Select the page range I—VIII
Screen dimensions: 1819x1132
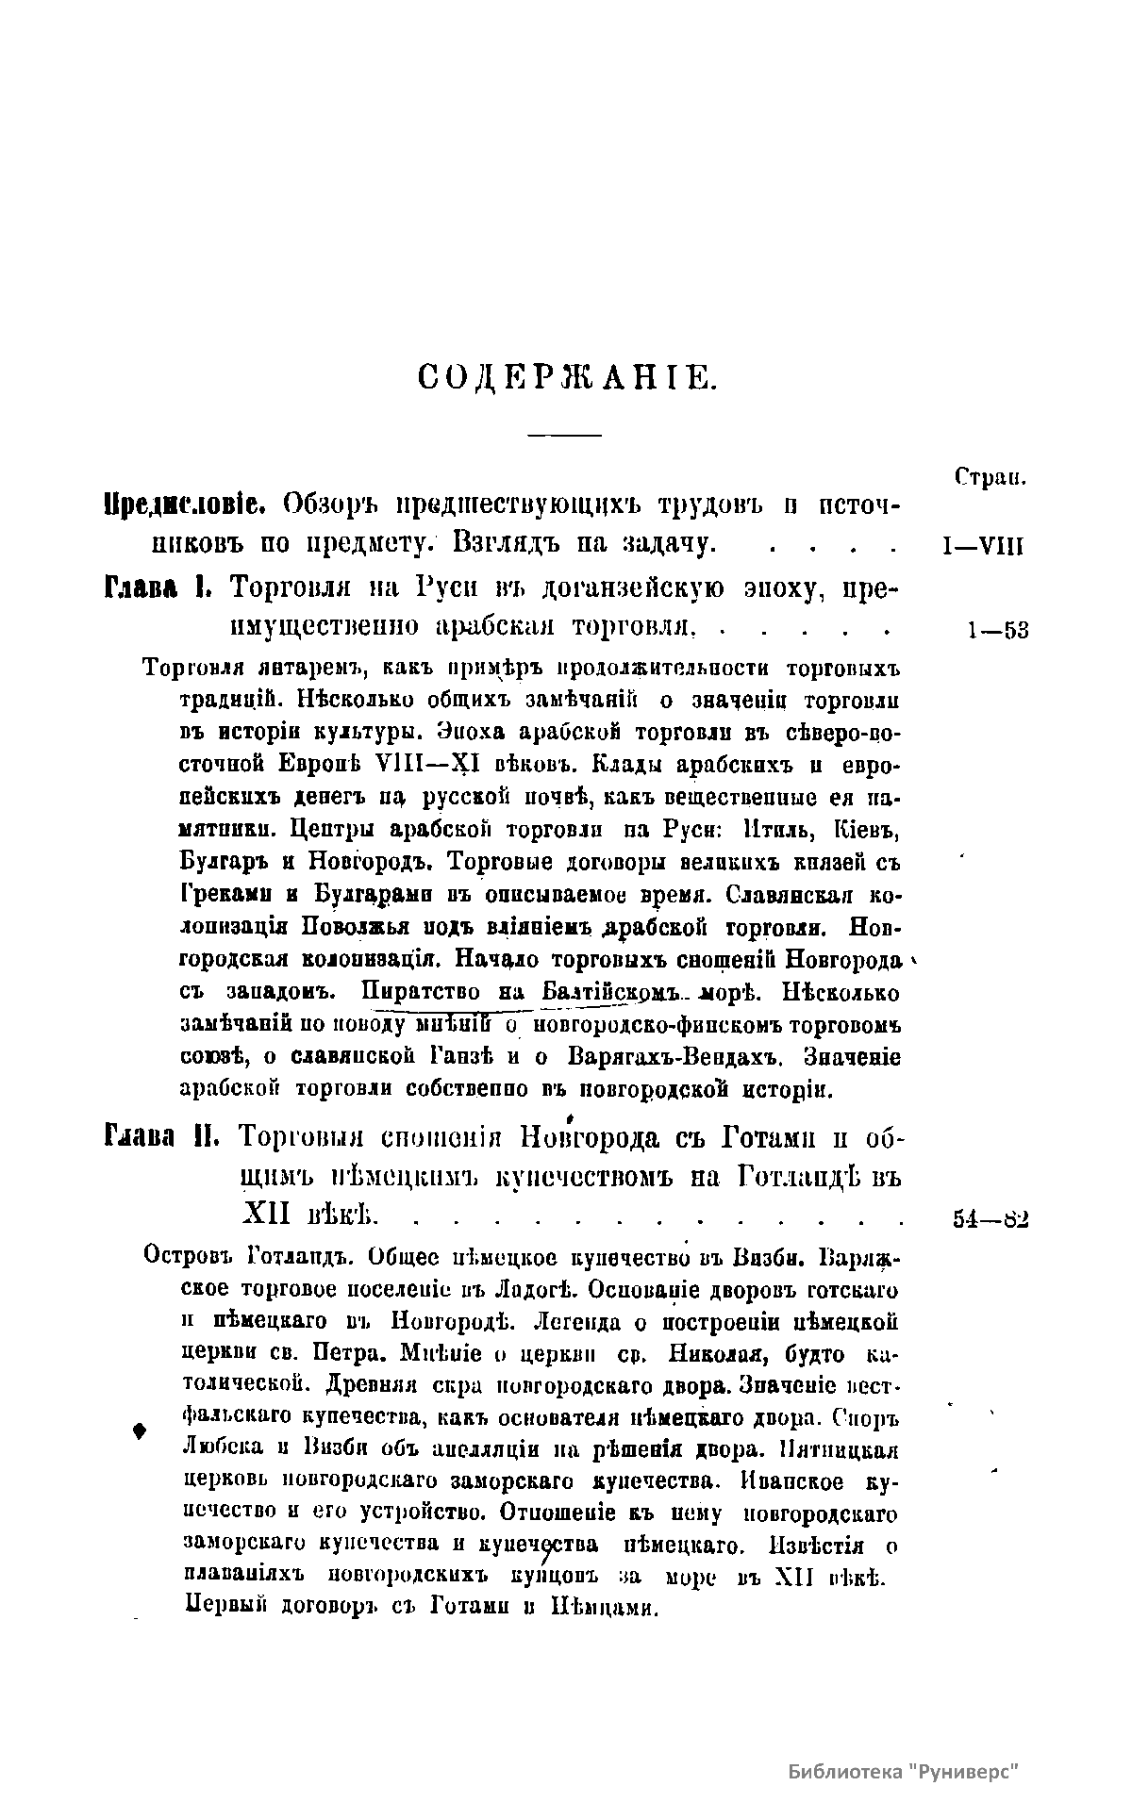pyautogui.click(x=983, y=548)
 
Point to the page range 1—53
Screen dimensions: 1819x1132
pyautogui.click(x=996, y=630)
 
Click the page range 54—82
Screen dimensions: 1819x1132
pyautogui.click(x=990, y=1218)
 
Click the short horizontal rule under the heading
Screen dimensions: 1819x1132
pyautogui.click(x=564, y=435)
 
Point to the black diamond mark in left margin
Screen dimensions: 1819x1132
pyautogui.click(x=140, y=1430)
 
